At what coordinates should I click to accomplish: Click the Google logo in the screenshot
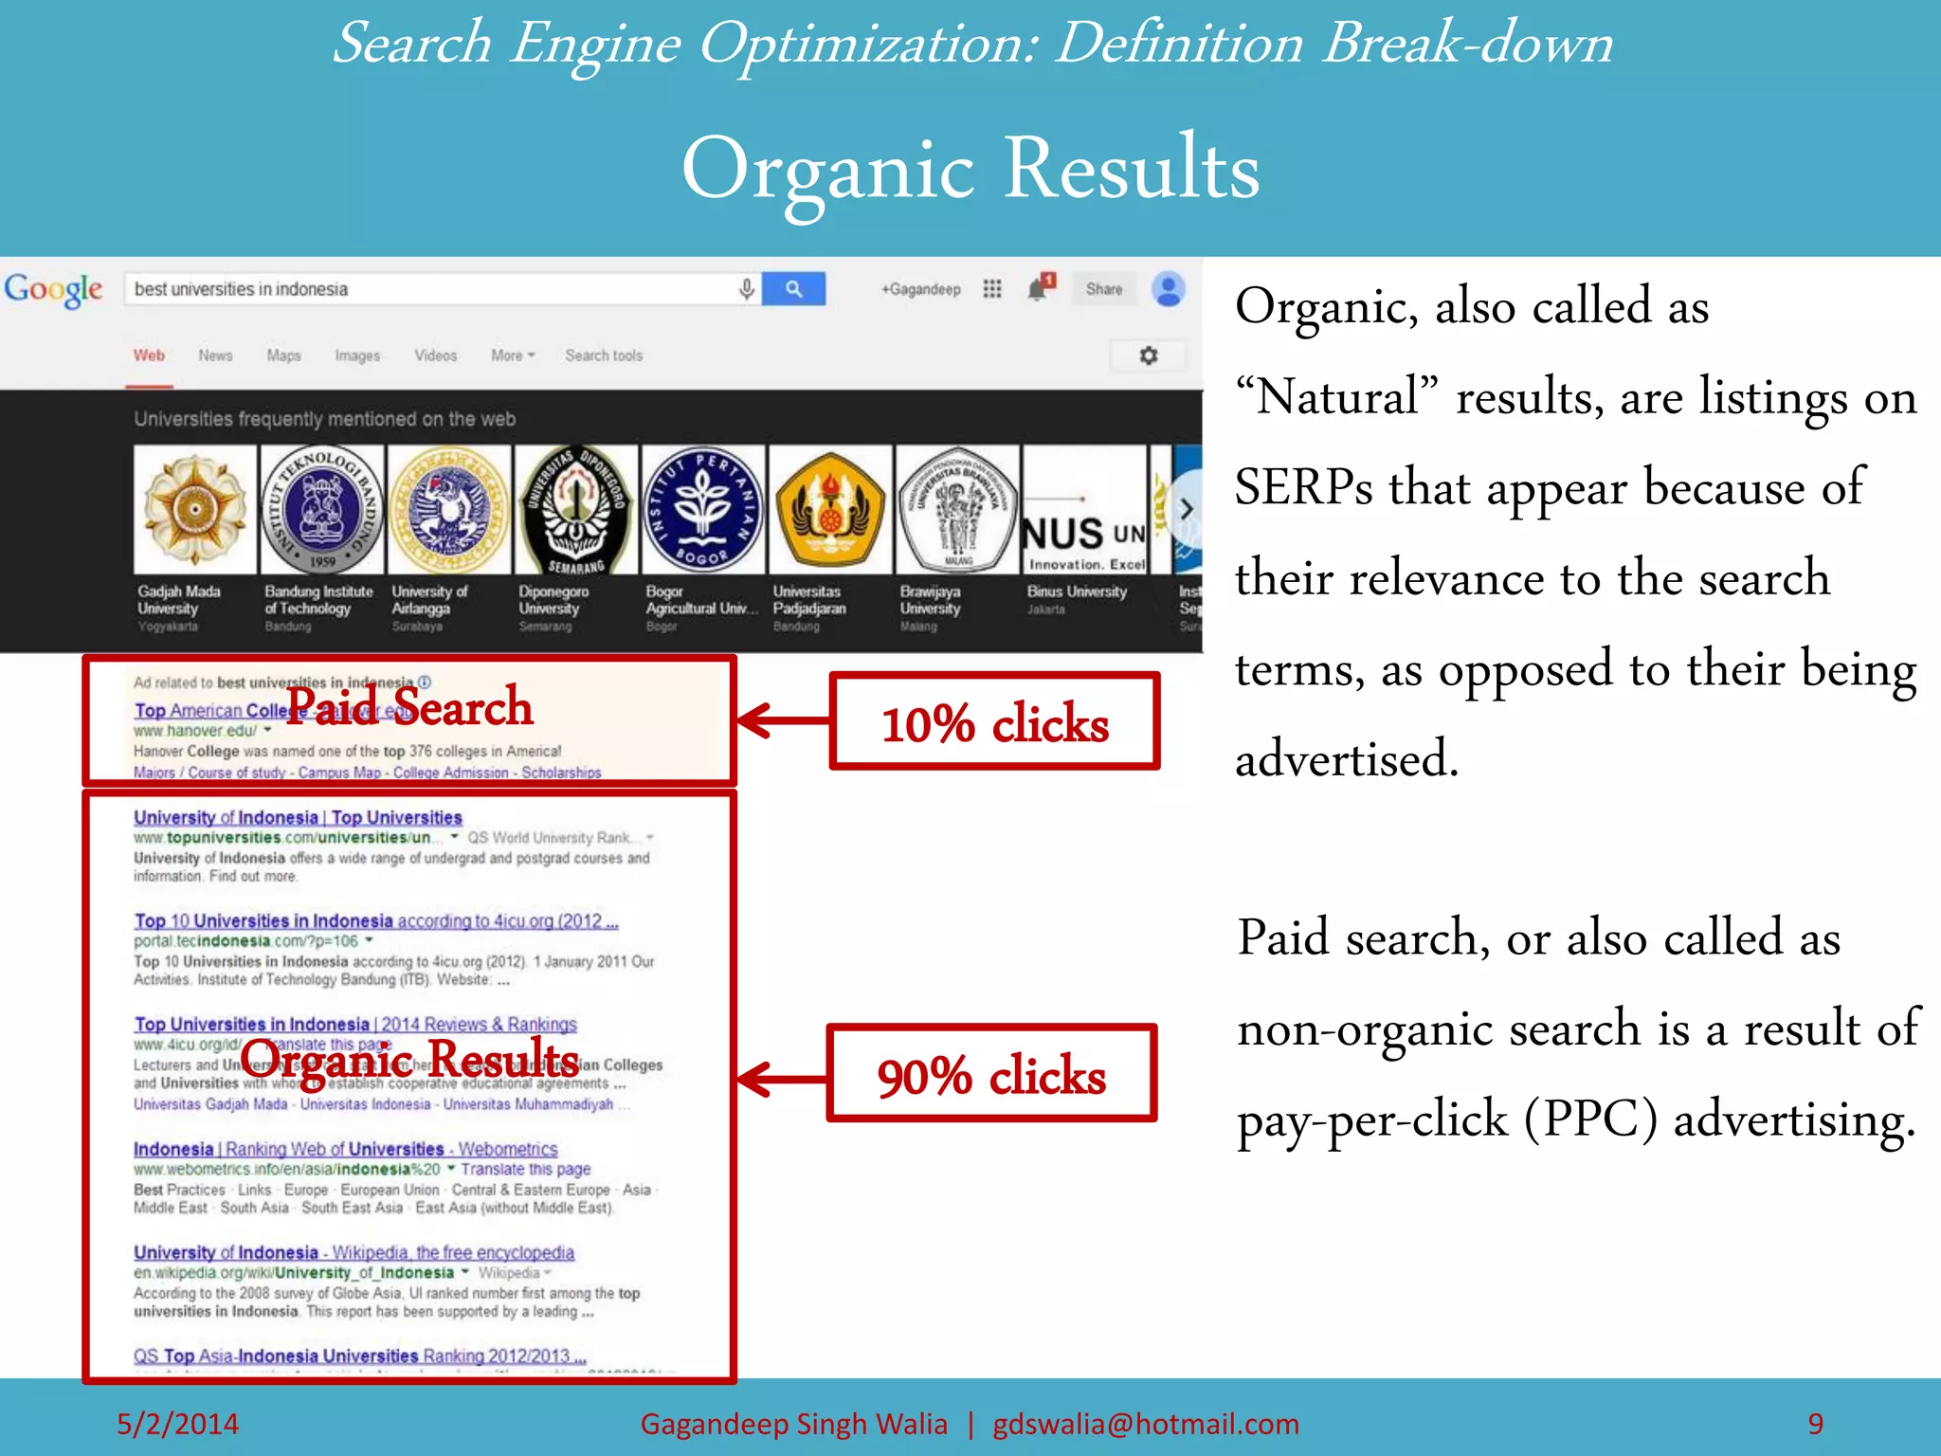(x=54, y=289)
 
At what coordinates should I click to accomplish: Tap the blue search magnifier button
(x=793, y=289)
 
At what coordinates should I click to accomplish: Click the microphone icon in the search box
(x=747, y=289)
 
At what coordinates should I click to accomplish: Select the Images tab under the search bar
(x=357, y=355)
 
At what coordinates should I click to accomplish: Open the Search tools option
(x=604, y=355)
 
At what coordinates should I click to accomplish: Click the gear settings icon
(x=1149, y=355)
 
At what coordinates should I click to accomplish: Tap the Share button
(x=1104, y=289)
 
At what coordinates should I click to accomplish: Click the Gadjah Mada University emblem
(x=194, y=509)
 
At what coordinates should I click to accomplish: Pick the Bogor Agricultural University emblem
(x=702, y=509)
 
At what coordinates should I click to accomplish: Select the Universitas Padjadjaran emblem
(x=830, y=509)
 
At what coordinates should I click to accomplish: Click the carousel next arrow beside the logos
(x=1186, y=509)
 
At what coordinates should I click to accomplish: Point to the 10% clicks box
(x=994, y=722)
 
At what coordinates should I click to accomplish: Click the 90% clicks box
(x=991, y=1075)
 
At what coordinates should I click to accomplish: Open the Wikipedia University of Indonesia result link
(x=354, y=1252)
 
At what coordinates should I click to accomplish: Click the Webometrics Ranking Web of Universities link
(x=345, y=1149)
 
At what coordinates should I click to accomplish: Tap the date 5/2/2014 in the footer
(x=177, y=1423)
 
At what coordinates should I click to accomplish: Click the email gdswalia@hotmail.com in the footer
(x=1145, y=1423)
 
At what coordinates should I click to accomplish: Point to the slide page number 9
(x=1815, y=1423)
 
